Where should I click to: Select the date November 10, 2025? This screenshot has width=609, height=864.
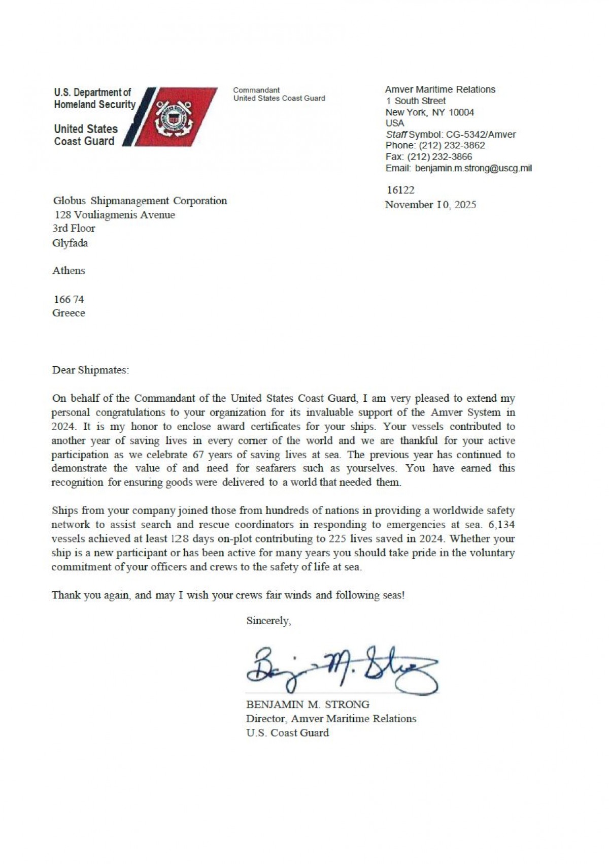point(430,205)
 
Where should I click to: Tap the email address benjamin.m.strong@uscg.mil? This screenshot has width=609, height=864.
point(473,168)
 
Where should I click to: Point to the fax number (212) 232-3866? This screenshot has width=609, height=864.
point(439,157)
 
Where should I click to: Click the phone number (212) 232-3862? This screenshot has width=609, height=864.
point(452,145)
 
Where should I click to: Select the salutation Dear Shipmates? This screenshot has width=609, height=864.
point(90,370)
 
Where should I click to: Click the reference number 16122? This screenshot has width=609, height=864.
point(400,190)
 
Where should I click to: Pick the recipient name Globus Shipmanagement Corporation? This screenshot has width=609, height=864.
point(140,201)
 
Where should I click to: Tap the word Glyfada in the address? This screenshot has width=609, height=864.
point(70,243)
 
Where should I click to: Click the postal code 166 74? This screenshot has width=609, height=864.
point(69,299)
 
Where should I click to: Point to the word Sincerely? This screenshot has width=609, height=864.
point(268,621)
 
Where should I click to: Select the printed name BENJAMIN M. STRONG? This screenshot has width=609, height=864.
point(308,705)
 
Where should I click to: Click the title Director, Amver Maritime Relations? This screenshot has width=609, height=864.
point(331,719)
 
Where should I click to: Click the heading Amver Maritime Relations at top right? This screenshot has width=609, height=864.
point(440,89)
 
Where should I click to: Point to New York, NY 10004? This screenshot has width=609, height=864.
point(429,112)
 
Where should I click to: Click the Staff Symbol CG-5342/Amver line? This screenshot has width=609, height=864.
point(451,135)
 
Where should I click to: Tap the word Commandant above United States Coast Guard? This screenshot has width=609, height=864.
point(256,90)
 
